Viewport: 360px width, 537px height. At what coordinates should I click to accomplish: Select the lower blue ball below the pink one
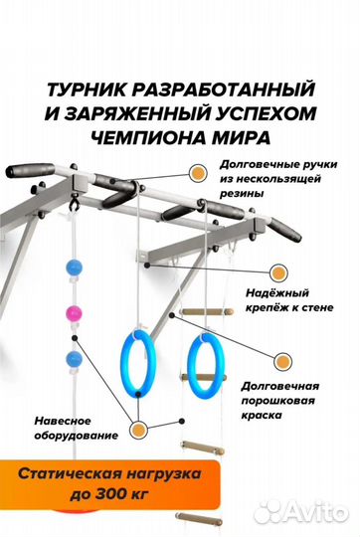point(73,359)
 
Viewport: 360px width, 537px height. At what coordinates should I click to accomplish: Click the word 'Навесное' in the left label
point(71,419)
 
